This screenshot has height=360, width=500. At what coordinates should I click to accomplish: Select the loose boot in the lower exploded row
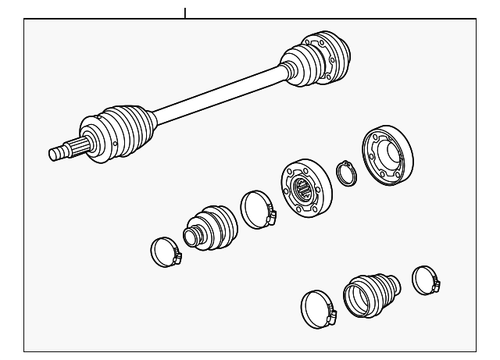point(371,294)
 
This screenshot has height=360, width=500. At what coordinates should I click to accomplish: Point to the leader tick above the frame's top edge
point(185,12)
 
